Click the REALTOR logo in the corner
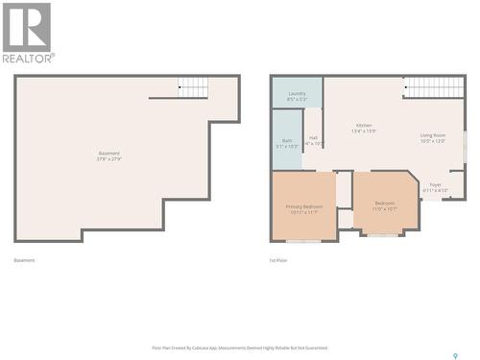[27, 32]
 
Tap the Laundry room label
[297, 93]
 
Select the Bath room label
[286, 140]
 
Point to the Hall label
[314, 137]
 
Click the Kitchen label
[364, 126]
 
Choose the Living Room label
[433, 135]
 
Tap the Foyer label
[436, 184]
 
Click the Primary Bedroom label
[303, 206]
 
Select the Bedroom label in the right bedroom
[384, 203]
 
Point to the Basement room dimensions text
[108, 159]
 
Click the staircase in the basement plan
[193, 87]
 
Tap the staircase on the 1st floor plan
[433, 87]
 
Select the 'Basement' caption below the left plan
[25, 260]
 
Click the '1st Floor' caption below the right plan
[278, 260]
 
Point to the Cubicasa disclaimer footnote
[240, 348]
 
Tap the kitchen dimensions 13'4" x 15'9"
[364, 132]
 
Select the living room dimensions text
[433, 141]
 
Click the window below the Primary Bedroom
[303, 241]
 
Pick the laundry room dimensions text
[297, 99]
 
